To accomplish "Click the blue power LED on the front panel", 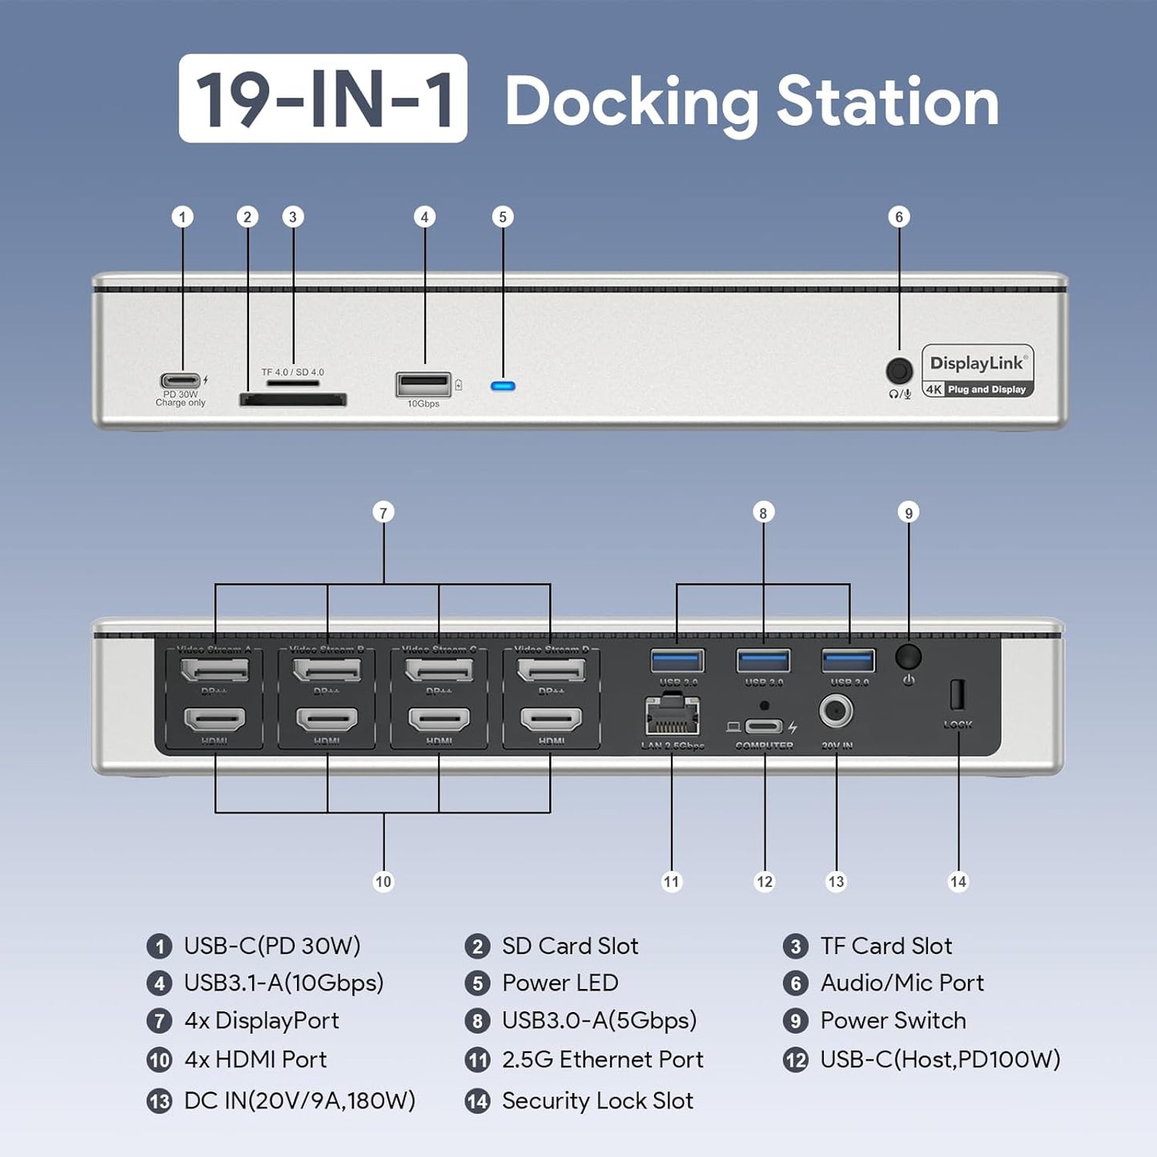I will [503, 386].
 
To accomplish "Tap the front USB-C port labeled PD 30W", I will [180, 381].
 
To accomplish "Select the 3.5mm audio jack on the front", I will [899, 372].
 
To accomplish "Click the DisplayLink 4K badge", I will [978, 372].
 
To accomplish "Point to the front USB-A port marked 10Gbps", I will [423, 385].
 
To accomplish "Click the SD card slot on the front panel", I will [293, 399].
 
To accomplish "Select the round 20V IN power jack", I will [836, 711].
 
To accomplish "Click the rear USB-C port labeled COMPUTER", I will [763, 727].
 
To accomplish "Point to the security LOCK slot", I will [957, 694].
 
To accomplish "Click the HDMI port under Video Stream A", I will [215, 720].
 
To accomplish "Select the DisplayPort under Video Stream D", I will [551, 669].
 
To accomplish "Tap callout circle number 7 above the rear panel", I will [384, 512].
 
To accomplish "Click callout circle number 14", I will [958, 882].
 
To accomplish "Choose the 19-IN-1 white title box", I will [323, 98].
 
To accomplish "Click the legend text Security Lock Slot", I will [597, 1101].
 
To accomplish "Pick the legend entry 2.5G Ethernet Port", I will [602, 1059].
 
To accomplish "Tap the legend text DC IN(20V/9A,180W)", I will [299, 1101].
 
